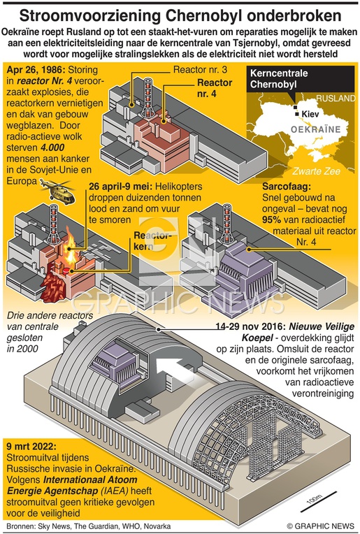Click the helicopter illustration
point(57,191)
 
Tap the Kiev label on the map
point(310,113)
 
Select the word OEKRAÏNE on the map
point(315,129)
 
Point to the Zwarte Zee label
point(316,171)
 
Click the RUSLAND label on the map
point(336,99)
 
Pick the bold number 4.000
point(52,147)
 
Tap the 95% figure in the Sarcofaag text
point(271,219)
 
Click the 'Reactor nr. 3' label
point(200,70)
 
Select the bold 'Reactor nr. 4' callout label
point(215,88)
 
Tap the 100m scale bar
point(319,503)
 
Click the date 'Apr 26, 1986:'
point(36,70)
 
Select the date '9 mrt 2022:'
point(31,447)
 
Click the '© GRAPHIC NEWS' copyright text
point(320,526)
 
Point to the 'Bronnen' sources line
point(89,526)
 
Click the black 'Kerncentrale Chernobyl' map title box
point(300,79)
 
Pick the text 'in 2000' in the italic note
point(22,349)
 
